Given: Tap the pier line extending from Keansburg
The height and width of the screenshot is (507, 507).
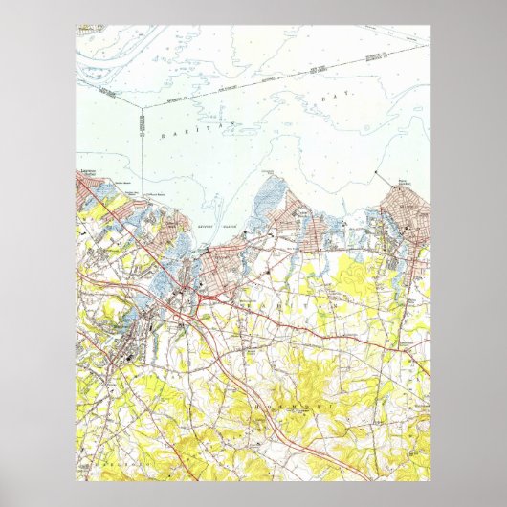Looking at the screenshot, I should (x=382, y=177).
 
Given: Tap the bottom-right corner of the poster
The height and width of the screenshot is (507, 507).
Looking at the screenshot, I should (x=430, y=480).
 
